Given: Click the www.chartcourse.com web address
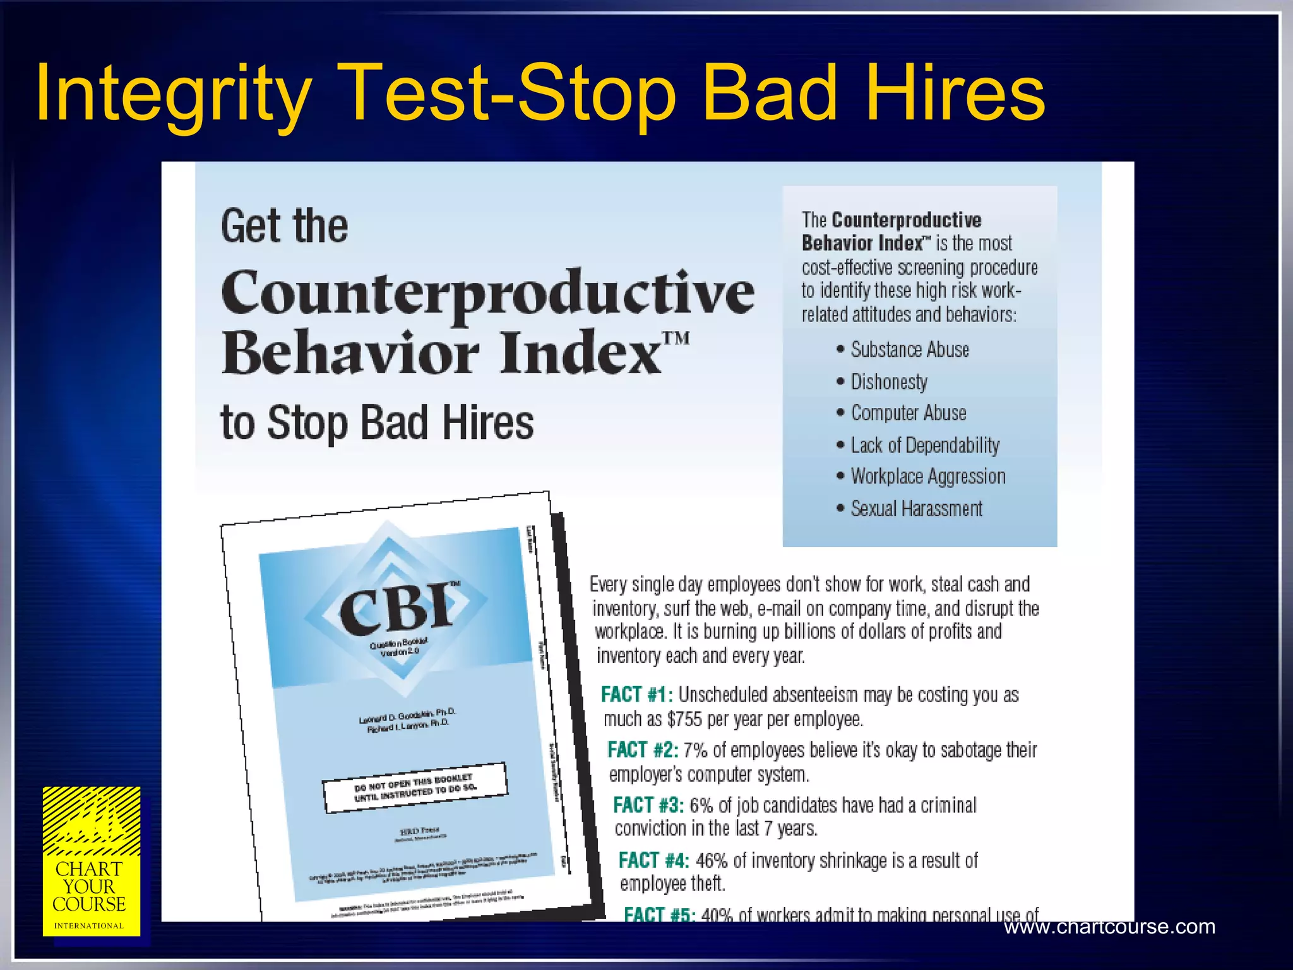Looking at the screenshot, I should (1109, 926).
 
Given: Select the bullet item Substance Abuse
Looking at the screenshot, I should (909, 350).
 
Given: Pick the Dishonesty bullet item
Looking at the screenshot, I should (889, 381).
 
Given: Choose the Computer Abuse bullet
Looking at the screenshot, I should (908, 413).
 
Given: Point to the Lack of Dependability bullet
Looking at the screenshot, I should (924, 445).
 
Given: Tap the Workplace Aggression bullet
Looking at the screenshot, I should (927, 476).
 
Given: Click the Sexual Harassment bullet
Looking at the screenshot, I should (916, 508).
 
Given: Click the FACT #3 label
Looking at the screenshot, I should (648, 805).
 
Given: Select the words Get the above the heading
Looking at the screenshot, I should (284, 226).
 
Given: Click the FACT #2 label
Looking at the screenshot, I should (643, 750).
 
